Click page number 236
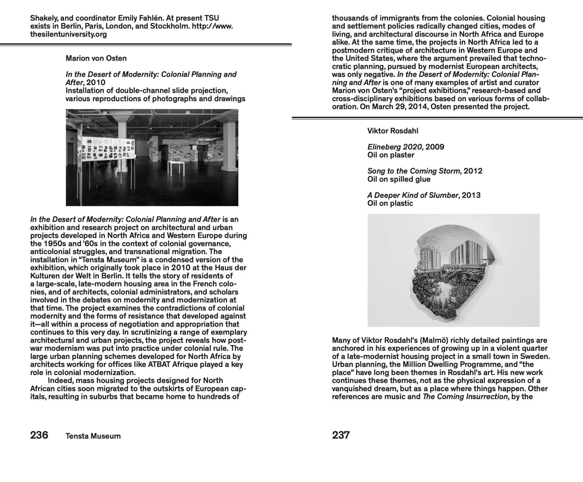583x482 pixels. [x=39, y=435]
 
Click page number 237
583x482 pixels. [x=341, y=435]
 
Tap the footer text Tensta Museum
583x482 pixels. [x=93, y=436]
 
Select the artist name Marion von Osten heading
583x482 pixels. [x=96, y=58]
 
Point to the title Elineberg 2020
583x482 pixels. [x=394, y=147]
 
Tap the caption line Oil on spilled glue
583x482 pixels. [x=399, y=179]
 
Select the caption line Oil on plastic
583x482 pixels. [x=390, y=203]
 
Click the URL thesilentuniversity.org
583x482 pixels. [x=68, y=34]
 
